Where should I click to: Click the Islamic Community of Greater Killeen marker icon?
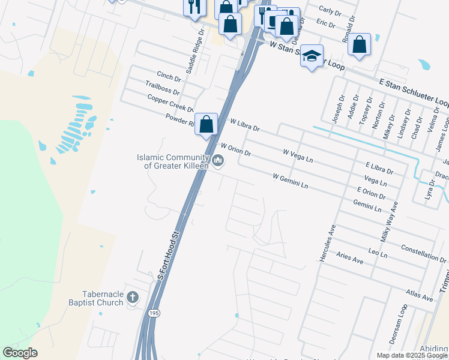pyautogui.click(x=218, y=161)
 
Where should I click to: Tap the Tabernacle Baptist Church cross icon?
pyautogui.click(x=133, y=298)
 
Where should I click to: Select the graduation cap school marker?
pyautogui.click(x=312, y=56)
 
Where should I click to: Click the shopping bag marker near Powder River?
pyautogui.click(x=206, y=125)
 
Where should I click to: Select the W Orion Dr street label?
pyautogui.click(x=235, y=149)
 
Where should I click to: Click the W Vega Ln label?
pyautogui.click(x=298, y=156)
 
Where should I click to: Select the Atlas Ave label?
pyautogui.click(x=419, y=295)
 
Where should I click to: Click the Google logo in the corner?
pyautogui.click(x=20, y=353)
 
